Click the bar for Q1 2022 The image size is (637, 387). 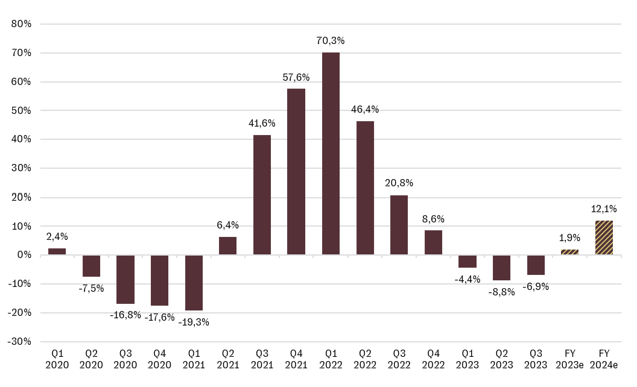[x=331, y=154]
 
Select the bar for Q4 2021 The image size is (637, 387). [x=296, y=172]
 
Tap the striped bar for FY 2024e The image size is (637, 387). [x=604, y=238]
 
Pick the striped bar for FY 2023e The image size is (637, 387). [x=570, y=252]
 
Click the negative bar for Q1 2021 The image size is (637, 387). [x=194, y=283]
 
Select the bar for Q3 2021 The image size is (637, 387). [x=262, y=195]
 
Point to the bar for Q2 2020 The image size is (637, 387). [x=91, y=266]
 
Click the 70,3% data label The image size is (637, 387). [x=331, y=41]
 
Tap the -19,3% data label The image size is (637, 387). [x=194, y=322]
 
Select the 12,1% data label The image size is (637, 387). [x=604, y=209]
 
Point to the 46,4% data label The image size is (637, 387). [x=365, y=110]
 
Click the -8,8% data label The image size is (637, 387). [x=502, y=292]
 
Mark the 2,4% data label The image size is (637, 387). [x=57, y=237]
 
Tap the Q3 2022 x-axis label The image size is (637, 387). [x=399, y=360]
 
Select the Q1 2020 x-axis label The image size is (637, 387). [x=57, y=360]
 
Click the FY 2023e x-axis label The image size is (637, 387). [x=570, y=360]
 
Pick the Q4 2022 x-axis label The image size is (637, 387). [x=433, y=360]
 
